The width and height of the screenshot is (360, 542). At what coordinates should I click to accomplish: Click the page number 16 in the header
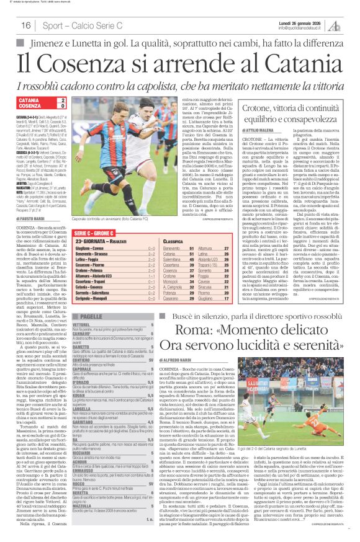[x=25, y=25]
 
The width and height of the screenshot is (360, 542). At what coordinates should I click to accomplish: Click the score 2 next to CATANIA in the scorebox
[x=63, y=100]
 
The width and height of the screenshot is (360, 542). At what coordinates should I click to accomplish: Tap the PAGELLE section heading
[x=91, y=316]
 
